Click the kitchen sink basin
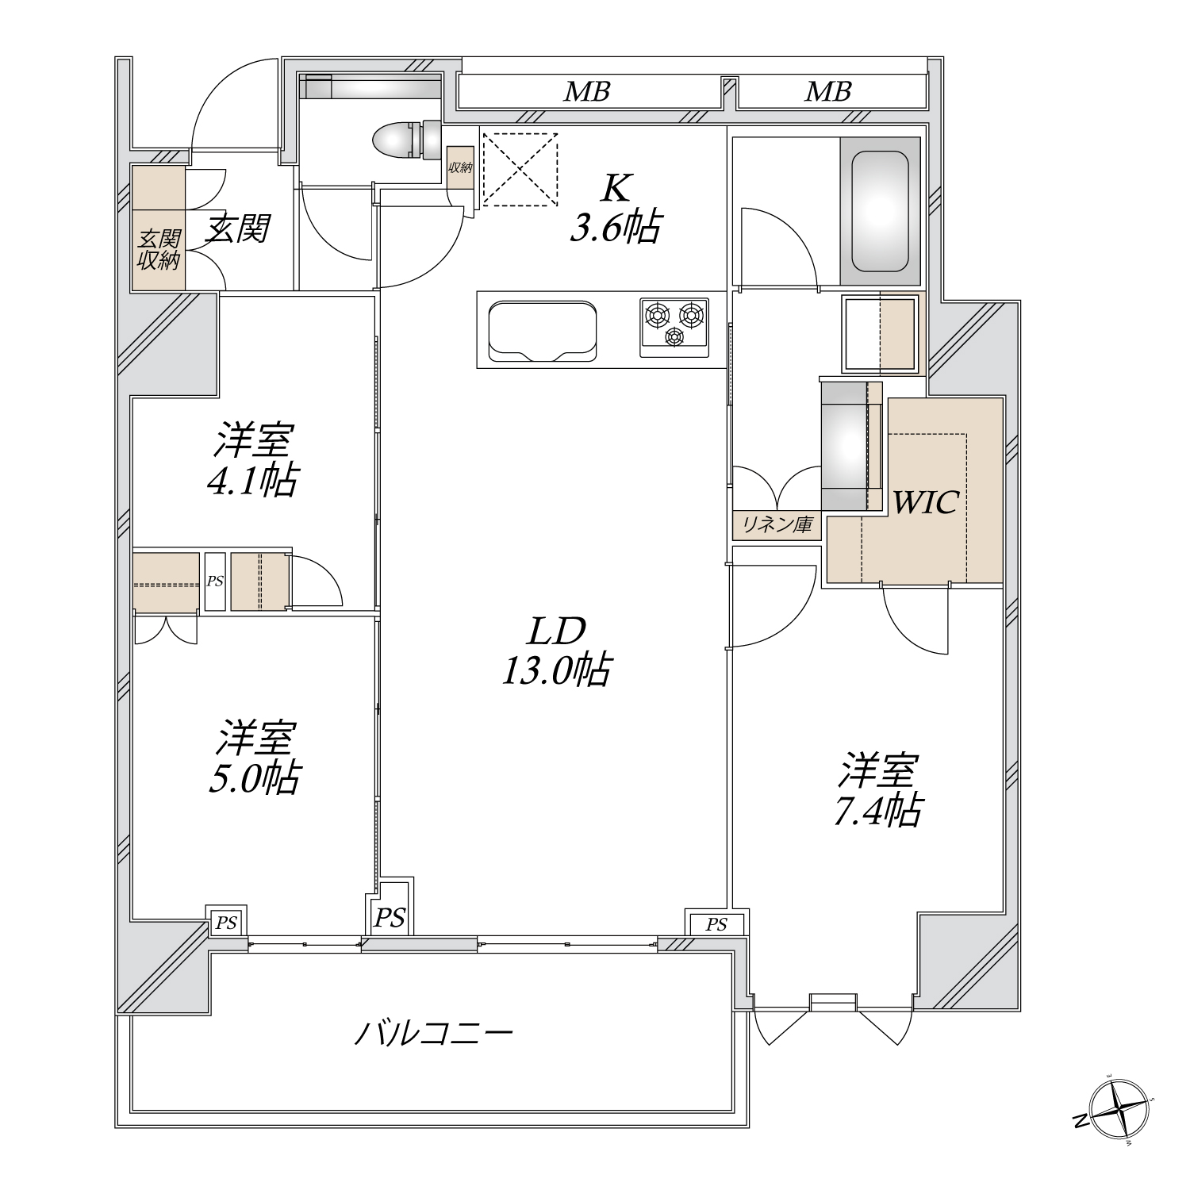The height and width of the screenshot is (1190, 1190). [x=543, y=331]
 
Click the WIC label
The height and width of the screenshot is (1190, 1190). [x=926, y=501]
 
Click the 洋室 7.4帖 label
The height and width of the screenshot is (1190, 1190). [x=878, y=790]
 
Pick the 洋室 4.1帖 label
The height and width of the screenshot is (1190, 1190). [x=253, y=460]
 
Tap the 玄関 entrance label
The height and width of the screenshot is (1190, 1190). [x=238, y=228]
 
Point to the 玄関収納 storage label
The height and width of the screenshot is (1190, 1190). [x=159, y=250]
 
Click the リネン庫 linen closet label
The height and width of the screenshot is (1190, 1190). [x=777, y=524]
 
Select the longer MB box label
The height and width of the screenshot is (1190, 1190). [x=587, y=92]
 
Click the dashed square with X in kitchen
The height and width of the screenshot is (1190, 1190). [x=520, y=169]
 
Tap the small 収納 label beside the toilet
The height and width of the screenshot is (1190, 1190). [x=460, y=168]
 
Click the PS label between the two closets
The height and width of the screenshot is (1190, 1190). [x=215, y=582]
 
